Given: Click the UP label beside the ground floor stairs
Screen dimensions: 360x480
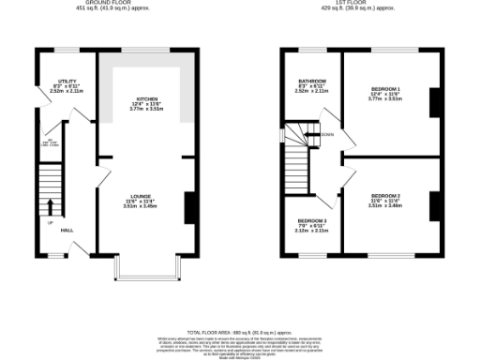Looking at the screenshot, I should point(51,223).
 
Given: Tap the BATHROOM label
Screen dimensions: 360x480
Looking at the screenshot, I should point(312,81).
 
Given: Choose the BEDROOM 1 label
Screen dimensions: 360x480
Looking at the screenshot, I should point(386,87).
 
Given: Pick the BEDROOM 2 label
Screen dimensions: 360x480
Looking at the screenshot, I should point(386,195).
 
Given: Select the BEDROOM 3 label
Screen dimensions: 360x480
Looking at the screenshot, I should point(312,220).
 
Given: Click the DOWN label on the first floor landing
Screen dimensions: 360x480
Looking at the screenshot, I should point(327,135).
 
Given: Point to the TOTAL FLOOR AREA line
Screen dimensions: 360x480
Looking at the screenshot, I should point(240,332).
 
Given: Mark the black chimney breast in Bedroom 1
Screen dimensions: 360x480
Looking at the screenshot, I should point(432,103).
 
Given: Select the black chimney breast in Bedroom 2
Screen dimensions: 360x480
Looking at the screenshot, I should point(432,208).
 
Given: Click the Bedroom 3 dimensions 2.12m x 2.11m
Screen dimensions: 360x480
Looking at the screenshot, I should point(312,231).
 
